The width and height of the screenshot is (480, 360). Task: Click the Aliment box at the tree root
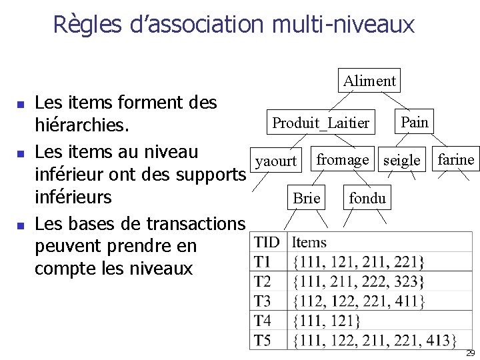(x=369, y=81)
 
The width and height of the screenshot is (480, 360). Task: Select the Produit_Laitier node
(x=321, y=123)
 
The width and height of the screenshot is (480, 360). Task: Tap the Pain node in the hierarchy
(x=415, y=122)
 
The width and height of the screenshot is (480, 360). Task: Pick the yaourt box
(x=276, y=161)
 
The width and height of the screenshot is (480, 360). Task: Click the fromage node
(x=342, y=160)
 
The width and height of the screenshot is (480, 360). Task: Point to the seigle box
(x=403, y=161)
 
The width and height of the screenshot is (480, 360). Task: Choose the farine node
(x=456, y=159)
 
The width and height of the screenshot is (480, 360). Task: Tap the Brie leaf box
(x=307, y=198)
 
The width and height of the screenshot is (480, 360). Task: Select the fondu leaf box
(x=367, y=198)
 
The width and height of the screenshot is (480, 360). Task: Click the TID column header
(x=267, y=243)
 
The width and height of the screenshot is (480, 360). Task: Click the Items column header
(x=309, y=243)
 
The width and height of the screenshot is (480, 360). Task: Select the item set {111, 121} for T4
(x=327, y=321)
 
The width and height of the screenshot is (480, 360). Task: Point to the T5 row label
(x=263, y=341)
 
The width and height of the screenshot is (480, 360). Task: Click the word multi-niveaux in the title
(x=343, y=25)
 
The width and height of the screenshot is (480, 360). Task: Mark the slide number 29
(x=470, y=353)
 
